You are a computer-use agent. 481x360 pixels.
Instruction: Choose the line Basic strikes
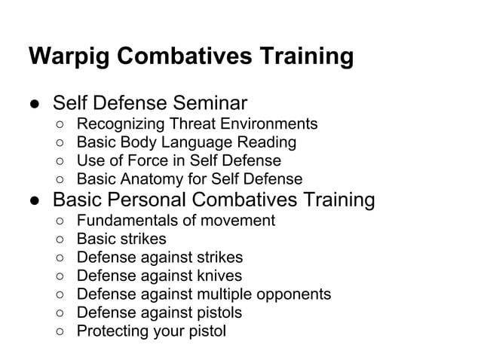[121, 239]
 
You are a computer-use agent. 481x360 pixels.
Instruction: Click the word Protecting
[112, 331]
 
